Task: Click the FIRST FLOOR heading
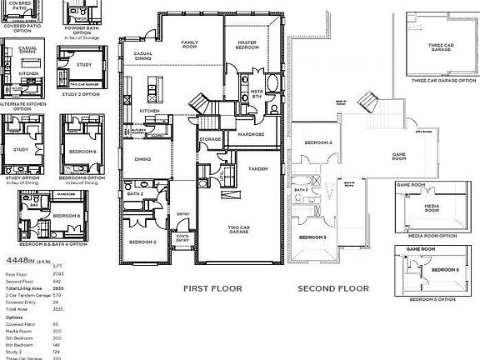click(212, 288)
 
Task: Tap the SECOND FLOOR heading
click(333, 288)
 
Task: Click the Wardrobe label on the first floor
click(250, 133)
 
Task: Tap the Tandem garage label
click(257, 169)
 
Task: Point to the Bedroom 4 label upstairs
click(317, 142)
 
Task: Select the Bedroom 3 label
click(312, 237)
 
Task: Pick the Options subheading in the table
click(14, 317)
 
